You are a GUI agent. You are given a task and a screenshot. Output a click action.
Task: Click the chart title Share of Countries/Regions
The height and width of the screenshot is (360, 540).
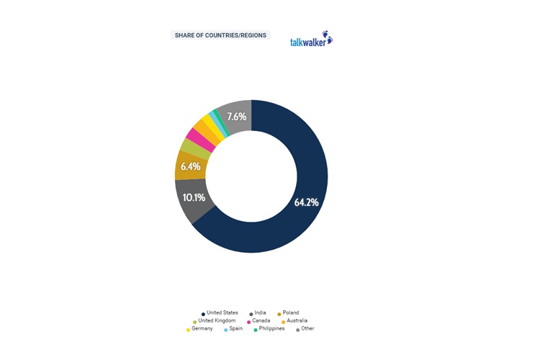click(x=220, y=35)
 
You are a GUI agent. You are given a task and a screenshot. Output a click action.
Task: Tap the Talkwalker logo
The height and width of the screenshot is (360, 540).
click(x=310, y=40)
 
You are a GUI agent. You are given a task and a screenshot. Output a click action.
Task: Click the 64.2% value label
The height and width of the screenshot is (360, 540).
click(x=306, y=202)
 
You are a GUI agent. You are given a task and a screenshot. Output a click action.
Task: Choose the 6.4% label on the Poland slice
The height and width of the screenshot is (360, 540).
click(x=191, y=166)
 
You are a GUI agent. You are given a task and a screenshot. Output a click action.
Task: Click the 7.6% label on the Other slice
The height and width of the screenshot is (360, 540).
click(x=236, y=116)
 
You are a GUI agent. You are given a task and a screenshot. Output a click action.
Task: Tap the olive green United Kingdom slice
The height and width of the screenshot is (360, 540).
click(x=189, y=148)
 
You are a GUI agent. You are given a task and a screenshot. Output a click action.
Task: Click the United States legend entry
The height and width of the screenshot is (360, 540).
click(x=220, y=312)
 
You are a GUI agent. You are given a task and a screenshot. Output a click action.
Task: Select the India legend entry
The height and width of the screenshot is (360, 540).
click(x=259, y=312)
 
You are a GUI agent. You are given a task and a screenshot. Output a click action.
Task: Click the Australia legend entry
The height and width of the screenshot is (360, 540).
click(x=294, y=320)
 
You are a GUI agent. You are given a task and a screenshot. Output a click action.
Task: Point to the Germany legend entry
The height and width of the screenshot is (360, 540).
click(x=199, y=328)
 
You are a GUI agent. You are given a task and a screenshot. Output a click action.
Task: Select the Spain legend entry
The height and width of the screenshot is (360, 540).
click(x=235, y=328)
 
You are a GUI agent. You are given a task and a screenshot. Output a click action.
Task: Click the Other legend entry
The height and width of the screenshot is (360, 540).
click(x=307, y=328)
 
